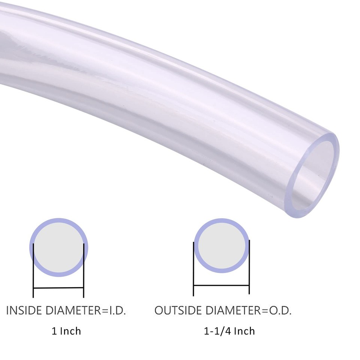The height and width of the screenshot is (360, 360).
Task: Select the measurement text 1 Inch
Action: click(66, 331)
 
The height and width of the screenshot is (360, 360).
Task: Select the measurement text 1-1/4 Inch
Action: click(229, 331)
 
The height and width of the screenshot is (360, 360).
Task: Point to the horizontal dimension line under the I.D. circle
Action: click(58, 288)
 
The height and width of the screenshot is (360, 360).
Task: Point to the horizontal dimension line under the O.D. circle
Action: click(221, 285)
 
